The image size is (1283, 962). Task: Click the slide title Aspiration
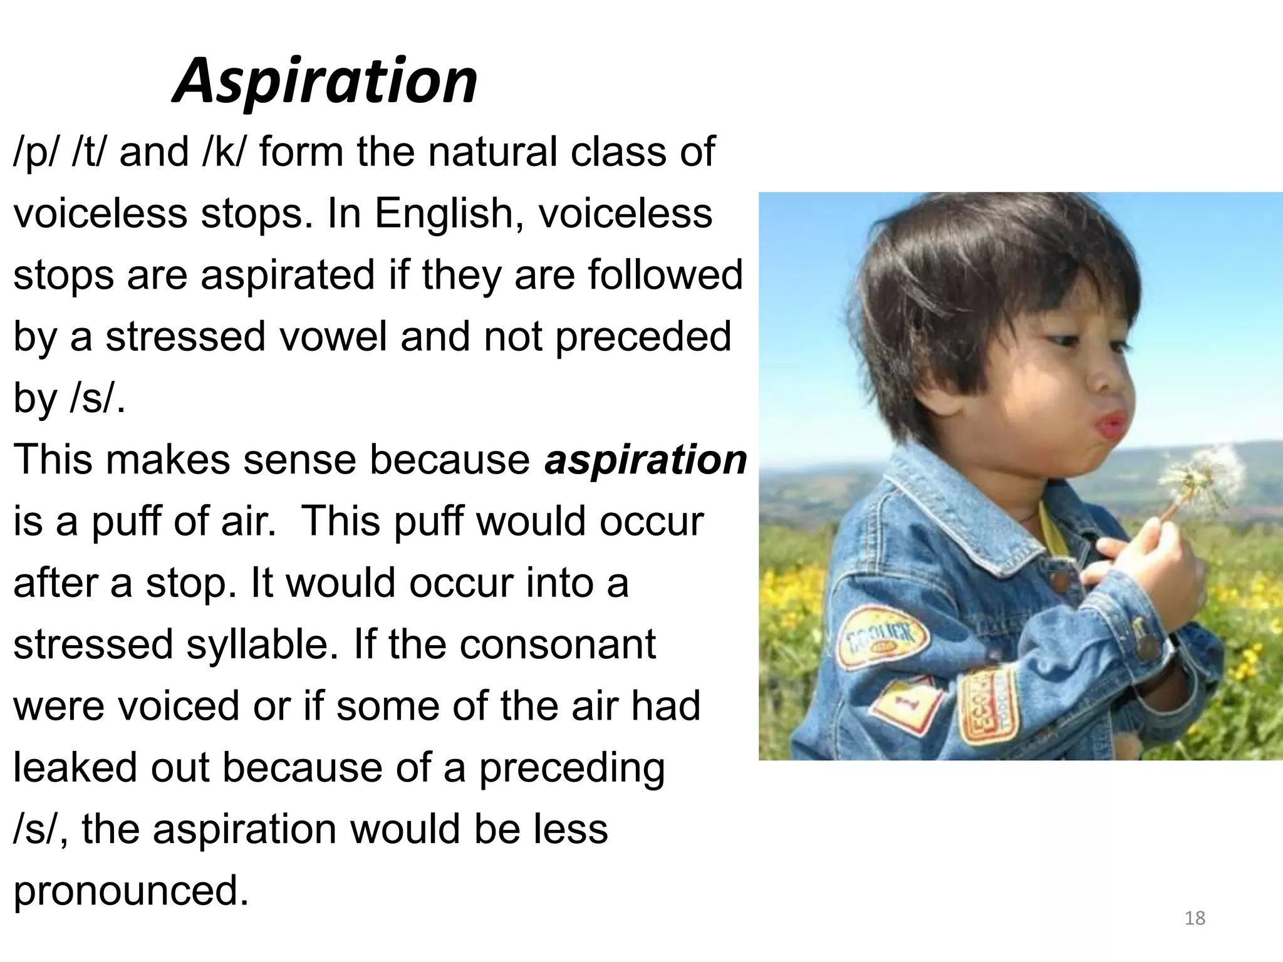coord(325,81)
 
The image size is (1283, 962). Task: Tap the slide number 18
coord(1195,918)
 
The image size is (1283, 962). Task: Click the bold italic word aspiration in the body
coord(645,460)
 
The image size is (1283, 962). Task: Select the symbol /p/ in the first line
coord(37,153)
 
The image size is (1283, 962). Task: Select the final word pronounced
coord(130,891)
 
